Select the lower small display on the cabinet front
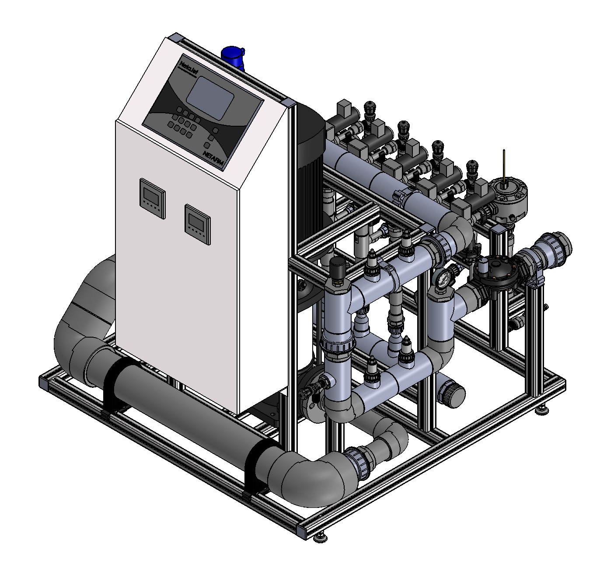(x=196, y=222)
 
